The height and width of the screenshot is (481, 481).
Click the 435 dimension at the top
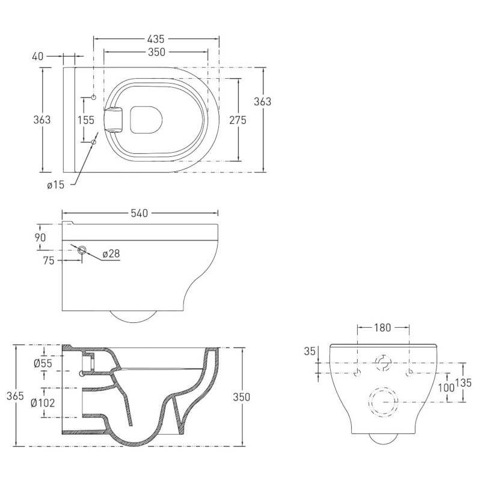(156, 38)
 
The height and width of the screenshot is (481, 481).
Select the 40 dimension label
(38, 57)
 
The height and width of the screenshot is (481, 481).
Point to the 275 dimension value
(238, 120)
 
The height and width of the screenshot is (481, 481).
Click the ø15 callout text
(55, 185)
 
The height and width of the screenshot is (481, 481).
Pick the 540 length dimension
(139, 213)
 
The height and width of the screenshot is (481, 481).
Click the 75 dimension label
(49, 260)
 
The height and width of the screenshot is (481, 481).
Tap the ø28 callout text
(112, 254)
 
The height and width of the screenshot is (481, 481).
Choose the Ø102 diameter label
(44, 402)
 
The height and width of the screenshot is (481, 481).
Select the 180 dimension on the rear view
(383, 328)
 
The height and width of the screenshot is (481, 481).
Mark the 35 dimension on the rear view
(309, 352)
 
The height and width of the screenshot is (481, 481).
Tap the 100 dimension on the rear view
(446, 388)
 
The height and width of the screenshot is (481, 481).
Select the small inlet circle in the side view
(82, 250)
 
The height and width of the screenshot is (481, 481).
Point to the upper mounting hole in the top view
(93, 97)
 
